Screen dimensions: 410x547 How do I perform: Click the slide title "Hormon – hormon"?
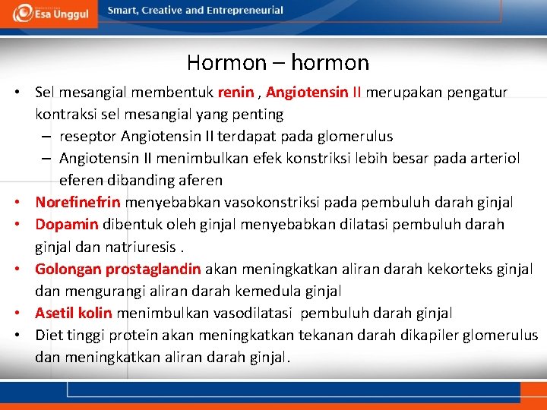[277, 62]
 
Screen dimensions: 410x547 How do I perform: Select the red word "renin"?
[236, 93]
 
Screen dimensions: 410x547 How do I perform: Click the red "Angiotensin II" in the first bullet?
[315, 93]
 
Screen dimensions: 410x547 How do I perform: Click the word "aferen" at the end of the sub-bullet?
[197, 181]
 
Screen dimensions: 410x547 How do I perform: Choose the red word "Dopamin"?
[67, 225]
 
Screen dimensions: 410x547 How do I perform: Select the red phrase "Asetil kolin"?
[74, 313]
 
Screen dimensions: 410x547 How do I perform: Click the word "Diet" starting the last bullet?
[48, 335]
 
